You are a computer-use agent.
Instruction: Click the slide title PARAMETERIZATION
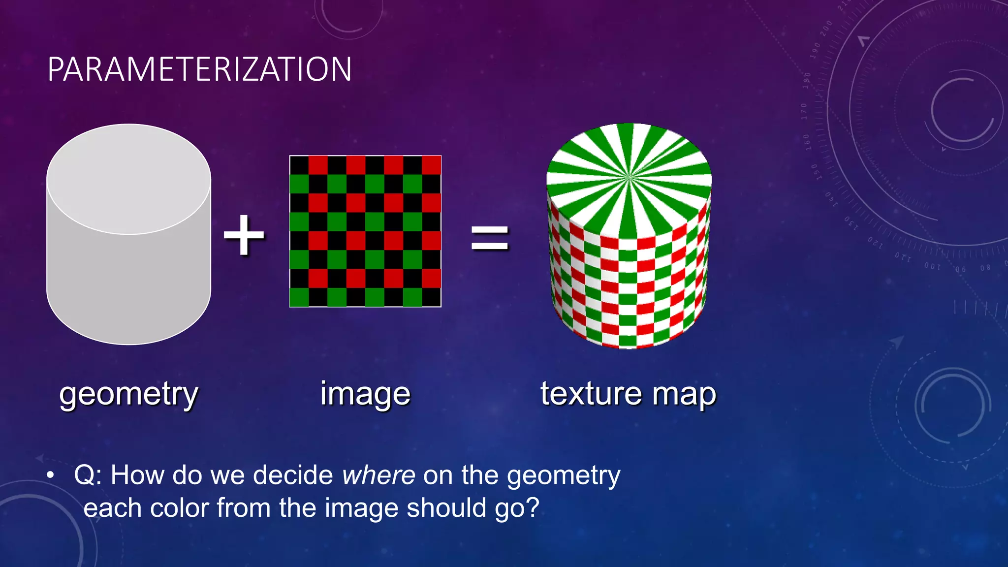(x=199, y=69)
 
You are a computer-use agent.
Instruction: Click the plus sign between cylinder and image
(x=244, y=236)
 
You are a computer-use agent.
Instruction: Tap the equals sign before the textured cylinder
(x=489, y=238)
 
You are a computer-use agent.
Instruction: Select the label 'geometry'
(x=128, y=394)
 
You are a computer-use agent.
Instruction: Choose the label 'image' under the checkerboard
(x=365, y=394)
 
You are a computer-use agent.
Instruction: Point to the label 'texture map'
(x=628, y=394)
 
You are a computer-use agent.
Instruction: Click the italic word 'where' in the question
(x=378, y=475)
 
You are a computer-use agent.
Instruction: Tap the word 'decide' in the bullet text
(x=293, y=475)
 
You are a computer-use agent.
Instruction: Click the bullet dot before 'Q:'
(x=50, y=476)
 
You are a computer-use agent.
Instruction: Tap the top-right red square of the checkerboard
(x=432, y=165)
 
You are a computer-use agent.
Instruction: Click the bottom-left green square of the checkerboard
(x=299, y=297)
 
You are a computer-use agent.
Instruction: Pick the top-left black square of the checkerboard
(x=299, y=165)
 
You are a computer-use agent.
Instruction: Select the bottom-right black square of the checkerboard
(x=432, y=297)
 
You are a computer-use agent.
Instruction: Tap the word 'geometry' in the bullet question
(x=563, y=476)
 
